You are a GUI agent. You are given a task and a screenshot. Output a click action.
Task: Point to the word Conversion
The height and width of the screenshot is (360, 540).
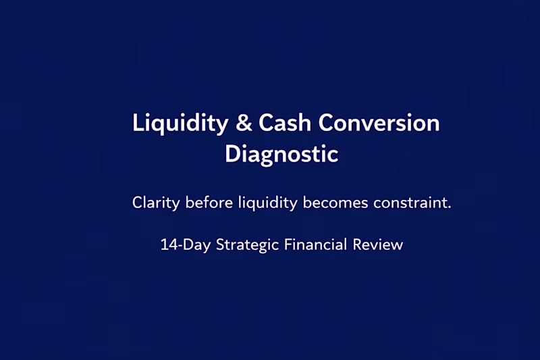tap(379, 124)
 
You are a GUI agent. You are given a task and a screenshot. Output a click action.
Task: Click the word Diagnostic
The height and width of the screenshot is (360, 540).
tap(281, 154)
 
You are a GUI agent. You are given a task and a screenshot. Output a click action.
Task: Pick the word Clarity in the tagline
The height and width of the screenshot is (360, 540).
tap(155, 203)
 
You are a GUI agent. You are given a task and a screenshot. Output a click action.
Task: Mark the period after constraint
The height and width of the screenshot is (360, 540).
tap(450, 207)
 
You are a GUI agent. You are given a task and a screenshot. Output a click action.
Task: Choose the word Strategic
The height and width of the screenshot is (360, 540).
tap(248, 245)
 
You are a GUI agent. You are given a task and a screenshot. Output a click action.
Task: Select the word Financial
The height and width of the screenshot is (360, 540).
tap(316, 245)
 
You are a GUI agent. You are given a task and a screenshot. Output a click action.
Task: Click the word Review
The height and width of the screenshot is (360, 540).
tap(378, 245)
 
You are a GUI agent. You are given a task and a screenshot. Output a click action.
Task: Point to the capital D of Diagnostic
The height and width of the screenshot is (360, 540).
tap(232, 154)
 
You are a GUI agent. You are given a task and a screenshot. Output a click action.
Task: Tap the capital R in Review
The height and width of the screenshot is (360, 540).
tap(358, 245)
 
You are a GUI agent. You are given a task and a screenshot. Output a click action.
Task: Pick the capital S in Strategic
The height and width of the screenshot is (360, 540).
tap(220, 245)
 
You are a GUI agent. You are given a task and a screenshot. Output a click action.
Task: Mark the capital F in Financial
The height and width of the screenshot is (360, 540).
tap(288, 245)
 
